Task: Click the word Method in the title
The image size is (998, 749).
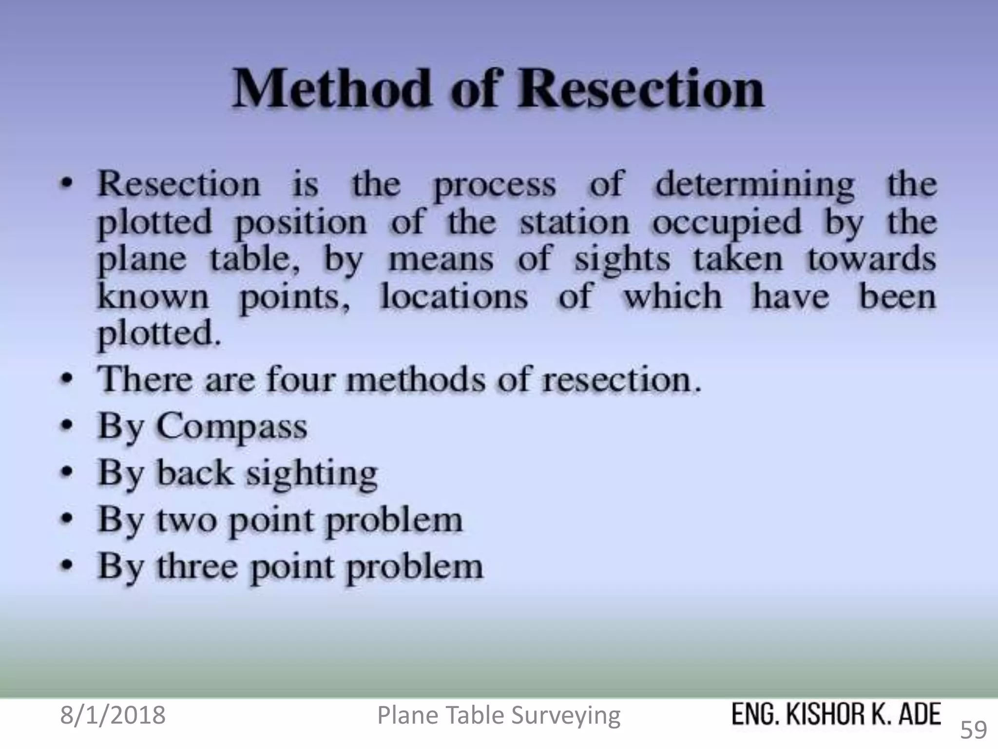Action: click(332, 89)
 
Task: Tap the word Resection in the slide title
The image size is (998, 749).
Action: click(640, 89)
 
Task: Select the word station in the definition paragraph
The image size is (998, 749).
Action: click(575, 223)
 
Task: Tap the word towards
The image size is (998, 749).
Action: click(872, 259)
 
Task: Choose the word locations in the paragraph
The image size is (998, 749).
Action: click(454, 296)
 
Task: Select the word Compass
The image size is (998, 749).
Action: click(231, 427)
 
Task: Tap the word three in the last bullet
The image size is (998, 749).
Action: click(197, 566)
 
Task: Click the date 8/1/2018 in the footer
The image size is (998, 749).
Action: click(113, 715)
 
